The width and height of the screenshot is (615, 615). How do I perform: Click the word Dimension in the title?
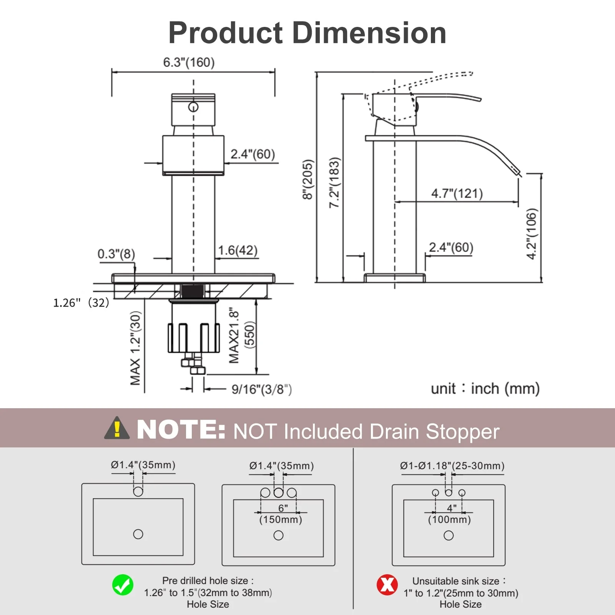tap(369, 33)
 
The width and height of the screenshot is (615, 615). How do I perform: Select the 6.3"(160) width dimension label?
tap(189, 62)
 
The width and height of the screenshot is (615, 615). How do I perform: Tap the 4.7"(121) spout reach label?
tap(457, 193)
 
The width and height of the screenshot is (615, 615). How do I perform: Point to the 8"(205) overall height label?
tap(308, 180)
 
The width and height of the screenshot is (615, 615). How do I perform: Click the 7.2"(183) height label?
tap(334, 183)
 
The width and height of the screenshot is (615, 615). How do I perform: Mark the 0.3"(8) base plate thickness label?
tap(116, 254)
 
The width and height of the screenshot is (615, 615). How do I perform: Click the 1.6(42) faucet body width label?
tap(238, 251)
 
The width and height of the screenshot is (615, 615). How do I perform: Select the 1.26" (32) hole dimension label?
tap(81, 303)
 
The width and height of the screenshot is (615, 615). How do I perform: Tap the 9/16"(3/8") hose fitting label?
tap(261, 389)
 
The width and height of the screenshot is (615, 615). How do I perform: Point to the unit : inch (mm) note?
tap(485, 389)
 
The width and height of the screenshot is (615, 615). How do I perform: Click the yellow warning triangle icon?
tap(117, 429)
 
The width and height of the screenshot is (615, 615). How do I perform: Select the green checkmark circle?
tap(123, 585)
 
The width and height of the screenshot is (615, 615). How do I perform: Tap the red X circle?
tap(387, 585)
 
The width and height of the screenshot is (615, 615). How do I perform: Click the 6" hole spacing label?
tap(283, 508)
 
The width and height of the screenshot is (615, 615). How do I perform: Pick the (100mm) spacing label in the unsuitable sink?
tap(449, 520)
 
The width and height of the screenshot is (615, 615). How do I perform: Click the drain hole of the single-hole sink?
tap(138, 534)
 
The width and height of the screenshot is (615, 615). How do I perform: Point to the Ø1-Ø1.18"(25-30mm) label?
tap(452, 466)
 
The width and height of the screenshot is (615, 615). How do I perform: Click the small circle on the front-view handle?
tap(193, 107)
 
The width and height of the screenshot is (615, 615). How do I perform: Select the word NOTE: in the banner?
tap(181, 429)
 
